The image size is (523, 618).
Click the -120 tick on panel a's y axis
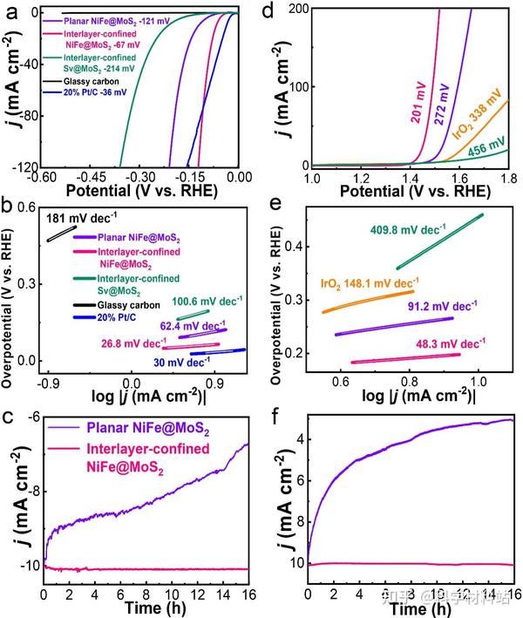point(25,166)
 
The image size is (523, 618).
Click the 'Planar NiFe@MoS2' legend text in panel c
point(148,429)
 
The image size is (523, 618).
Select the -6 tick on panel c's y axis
point(32,420)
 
